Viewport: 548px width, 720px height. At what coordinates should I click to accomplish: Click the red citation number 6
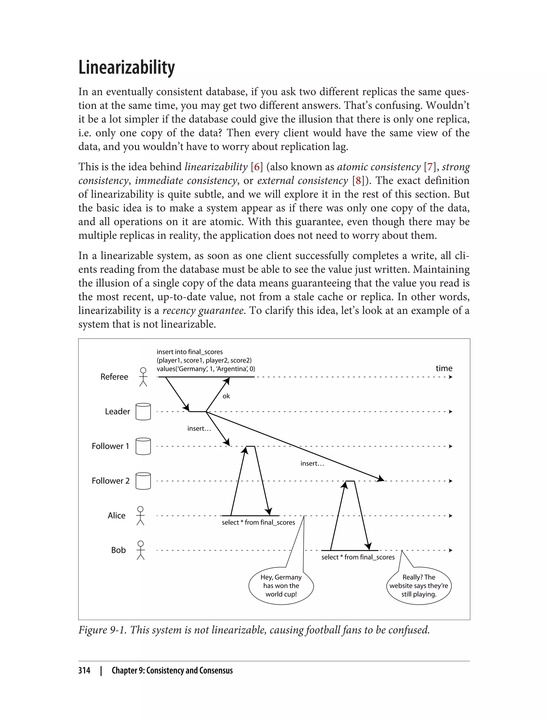[257, 167]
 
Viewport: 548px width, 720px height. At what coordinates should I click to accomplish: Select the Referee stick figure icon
[143, 377]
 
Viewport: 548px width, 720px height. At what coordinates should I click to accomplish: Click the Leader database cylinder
[143, 411]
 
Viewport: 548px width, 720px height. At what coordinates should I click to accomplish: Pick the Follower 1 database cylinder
[143, 446]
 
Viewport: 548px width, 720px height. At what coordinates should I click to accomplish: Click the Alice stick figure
[140, 516]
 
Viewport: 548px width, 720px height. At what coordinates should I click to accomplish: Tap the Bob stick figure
[140, 550]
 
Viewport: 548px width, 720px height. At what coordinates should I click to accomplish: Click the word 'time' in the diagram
[444, 368]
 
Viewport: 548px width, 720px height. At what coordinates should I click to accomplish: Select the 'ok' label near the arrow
[226, 396]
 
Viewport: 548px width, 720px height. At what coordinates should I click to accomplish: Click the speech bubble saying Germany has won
[281, 586]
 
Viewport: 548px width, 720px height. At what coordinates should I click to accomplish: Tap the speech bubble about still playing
[418, 586]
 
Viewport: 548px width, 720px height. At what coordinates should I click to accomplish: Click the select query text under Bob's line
[357, 557]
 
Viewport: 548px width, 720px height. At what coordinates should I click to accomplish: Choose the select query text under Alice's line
[258, 522]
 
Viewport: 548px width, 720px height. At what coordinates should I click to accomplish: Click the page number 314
[84, 670]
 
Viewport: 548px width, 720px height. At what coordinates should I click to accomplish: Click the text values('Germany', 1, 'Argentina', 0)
[205, 369]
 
